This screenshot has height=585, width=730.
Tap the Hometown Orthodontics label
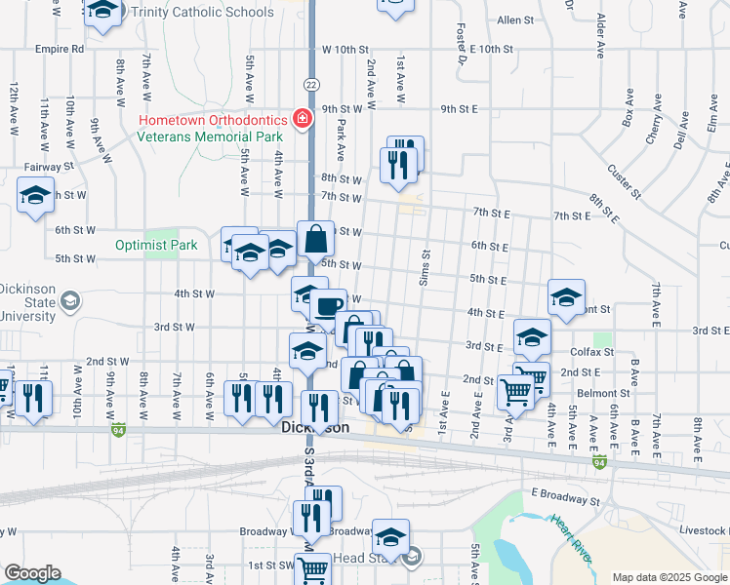tap(213, 121)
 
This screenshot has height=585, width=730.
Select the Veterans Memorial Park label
tap(210, 136)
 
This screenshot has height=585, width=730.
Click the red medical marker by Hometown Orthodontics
tap(303, 119)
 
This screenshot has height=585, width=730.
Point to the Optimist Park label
tap(156, 245)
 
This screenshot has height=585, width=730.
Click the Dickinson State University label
tap(27, 301)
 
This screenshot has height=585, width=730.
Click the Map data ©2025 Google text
tap(669, 577)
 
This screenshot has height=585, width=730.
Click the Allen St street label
tap(515, 19)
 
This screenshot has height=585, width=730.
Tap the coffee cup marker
tap(326, 306)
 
